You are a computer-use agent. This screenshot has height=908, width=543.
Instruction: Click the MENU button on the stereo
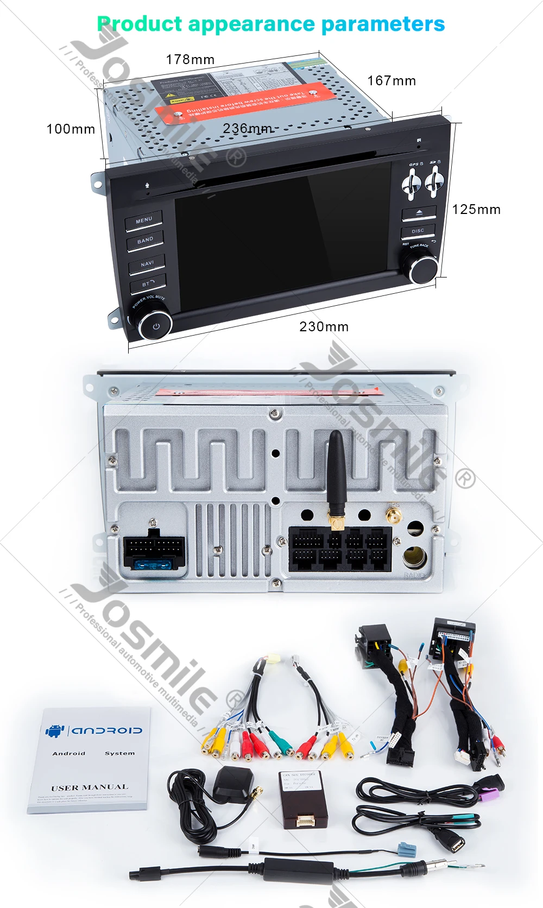point(144,220)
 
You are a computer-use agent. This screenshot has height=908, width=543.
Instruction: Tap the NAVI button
point(147,264)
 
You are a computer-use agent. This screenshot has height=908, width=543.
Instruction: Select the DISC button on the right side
point(418,231)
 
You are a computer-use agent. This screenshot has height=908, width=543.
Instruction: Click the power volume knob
point(155,325)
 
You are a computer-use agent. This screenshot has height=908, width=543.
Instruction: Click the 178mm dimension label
point(190,59)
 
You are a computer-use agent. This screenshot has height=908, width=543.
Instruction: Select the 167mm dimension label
point(392,81)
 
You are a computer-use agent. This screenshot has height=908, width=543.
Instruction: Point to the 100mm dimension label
point(71,129)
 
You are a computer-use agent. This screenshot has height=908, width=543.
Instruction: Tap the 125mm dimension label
point(476,210)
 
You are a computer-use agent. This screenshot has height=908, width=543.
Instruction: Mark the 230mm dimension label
point(324,327)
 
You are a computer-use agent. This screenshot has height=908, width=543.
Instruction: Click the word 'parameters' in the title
point(383,24)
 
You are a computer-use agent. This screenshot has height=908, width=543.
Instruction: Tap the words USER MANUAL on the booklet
point(90,787)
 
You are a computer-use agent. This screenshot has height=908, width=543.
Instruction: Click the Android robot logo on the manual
point(55,730)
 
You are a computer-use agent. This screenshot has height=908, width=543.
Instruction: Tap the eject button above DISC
point(419,212)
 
